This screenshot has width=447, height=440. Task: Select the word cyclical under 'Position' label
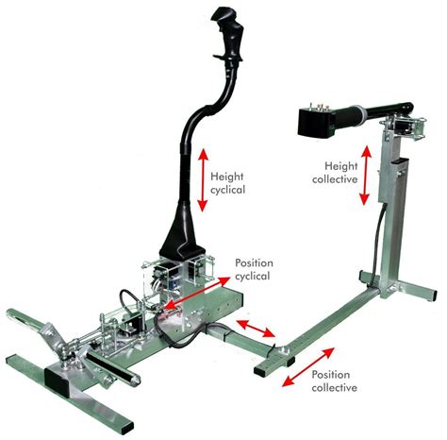click(252, 276)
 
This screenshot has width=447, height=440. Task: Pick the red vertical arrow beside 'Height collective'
click(365, 178)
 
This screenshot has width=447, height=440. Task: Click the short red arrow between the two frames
click(255, 330)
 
